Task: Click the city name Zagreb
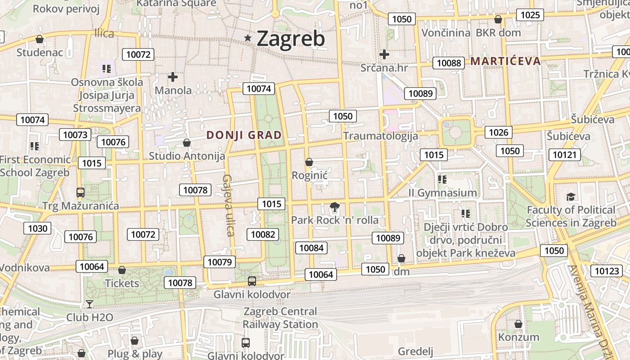pyautogui.click(x=290, y=39)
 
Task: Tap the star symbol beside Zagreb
pyautogui.click(x=247, y=38)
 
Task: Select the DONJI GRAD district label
pyautogui.click(x=244, y=135)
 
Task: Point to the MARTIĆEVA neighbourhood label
pyautogui.click(x=505, y=61)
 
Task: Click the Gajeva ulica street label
pyautogui.click(x=228, y=205)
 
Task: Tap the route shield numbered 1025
pyautogui.click(x=530, y=15)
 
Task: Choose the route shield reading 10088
pyautogui.click(x=449, y=63)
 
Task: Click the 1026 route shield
pyautogui.click(x=498, y=132)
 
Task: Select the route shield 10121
pyautogui.click(x=564, y=155)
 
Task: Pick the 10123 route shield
pyautogui.click(x=607, y=270)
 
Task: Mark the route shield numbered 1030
pyautogui.click(x=37, y=228)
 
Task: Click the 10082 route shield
pyautogui.click(x=263, y=234)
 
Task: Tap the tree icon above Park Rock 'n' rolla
pyautogui.click(x=334, y=207)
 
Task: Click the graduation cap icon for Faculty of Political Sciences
pyautogui.click(x=571, y=197)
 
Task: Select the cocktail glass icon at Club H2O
pyautogui.click(x=90, y=304)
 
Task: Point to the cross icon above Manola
pyautogui.click(x=173, y=77)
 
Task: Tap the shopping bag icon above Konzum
pyautogui.click(x=518, y=324)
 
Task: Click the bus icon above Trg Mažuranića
pyautogui.click(x=81, y=193)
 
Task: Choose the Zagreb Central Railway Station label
pyautogui.click(x=280, y=318)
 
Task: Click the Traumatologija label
pyautogui.click(x=380, y=135)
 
